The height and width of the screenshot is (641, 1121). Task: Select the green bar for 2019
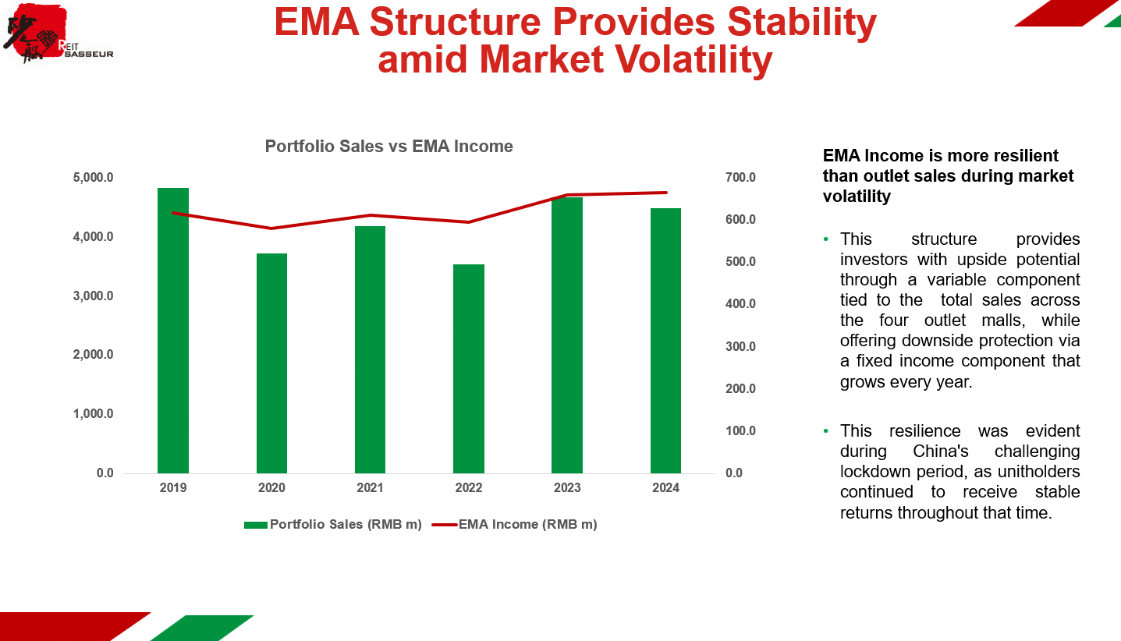(173, 331)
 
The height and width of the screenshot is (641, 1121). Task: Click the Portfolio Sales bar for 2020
(271, 363)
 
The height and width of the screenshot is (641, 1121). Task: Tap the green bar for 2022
(469, 369)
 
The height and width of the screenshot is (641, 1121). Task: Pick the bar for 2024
(665, 341)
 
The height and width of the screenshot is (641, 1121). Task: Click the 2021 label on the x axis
(370, 488)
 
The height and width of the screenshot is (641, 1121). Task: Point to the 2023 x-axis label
(567, 488)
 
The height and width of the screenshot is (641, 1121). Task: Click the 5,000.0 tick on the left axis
(93, 178)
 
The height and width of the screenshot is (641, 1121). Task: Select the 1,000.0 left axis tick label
(93, 414)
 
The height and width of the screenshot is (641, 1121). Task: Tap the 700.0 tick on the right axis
(740, 178)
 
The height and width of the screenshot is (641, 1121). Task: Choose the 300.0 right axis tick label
(740, 346)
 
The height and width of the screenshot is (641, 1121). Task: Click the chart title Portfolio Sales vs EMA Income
(388, 147)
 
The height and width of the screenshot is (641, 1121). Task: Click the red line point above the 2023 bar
(567, 195)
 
